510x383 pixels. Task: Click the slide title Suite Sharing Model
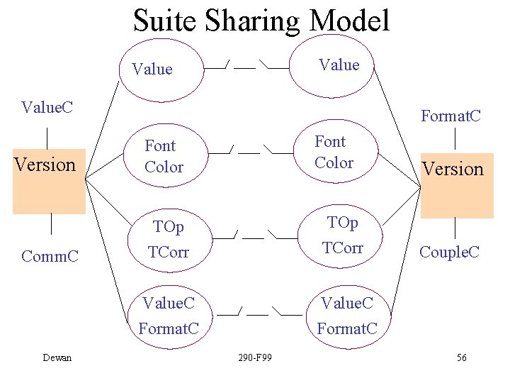pyautogui.click(x=261, y=21)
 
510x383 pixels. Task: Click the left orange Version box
pyautogui.click(x=49, y=182)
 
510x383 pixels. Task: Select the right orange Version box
pyautogui.click(x=456, y=185)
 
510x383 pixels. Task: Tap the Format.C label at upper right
pyautogui.click(x=450, y=115)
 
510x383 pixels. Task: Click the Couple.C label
pyautogui.click(x=449, y=252)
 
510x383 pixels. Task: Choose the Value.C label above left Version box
pyautogui.click(x=48, y=108)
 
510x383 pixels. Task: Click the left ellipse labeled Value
pyautogui.click(x=160, y=69)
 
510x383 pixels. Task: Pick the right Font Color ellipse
pyautogui.click(x=334, y=152)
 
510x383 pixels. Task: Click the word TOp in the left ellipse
pyautogui.click(x=169, y=227)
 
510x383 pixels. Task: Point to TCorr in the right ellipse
pyautogui.click(x=343, y=248)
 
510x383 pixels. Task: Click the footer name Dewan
pyautogui.click(x=57, y=357)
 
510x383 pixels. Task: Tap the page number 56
pyautogui.click(x=461, y=357)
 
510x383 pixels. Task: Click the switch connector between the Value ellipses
pyautogui.click(x=245, y=66)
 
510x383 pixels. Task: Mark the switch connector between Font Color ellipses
pyautogui.click(x=249, y=151)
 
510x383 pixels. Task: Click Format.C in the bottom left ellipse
pyautogui.click(x=168, y=328)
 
